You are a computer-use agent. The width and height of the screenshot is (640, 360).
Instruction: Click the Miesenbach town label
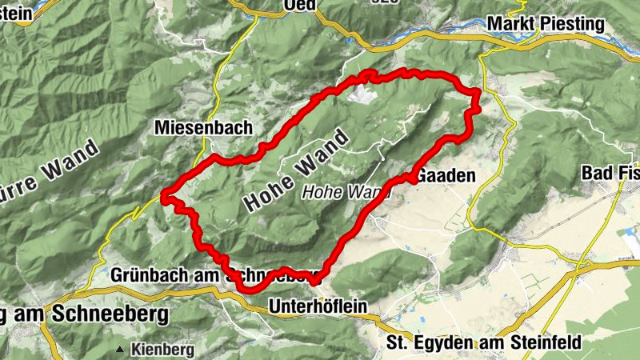tap(204, 127)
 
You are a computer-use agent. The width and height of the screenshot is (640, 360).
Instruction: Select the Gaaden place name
tap(447, 175)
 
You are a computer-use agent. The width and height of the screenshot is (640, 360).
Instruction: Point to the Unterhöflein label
tap(318, 305)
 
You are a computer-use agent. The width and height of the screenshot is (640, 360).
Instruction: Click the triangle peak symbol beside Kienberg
tap(120, 350)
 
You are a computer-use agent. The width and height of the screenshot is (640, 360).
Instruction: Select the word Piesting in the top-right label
tap(577, 24)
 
